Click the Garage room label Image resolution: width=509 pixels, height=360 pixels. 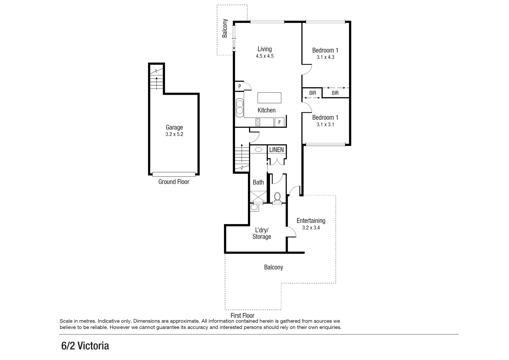(174, 127)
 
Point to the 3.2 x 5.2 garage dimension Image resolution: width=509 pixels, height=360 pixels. (174, 135)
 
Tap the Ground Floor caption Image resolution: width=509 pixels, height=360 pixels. (174, 182)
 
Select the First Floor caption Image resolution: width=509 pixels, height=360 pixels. (242, 315)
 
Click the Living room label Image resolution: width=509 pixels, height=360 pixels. (265, 49)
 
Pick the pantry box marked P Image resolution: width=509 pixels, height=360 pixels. (239, 86)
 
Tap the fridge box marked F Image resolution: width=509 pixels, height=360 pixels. (279, 122)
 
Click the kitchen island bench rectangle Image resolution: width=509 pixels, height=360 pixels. (269, 98)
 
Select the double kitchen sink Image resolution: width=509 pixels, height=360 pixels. (240, 107)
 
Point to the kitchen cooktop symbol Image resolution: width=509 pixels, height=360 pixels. (258, 122)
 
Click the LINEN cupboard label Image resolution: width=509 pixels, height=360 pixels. (276, 150)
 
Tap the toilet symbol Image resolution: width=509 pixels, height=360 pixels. (277, 197)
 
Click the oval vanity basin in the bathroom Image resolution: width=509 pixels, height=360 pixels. (258, 150)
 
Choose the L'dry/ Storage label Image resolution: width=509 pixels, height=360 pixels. (262, 233)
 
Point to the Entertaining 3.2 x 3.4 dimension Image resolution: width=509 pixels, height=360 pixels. (311, 228)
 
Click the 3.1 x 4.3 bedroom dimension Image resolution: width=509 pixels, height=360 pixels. (325, 57)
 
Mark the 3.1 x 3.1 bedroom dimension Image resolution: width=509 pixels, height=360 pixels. (325, 125)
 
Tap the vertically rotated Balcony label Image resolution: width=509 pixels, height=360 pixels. (225, 28)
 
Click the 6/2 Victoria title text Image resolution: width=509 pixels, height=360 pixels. (85, 346)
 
